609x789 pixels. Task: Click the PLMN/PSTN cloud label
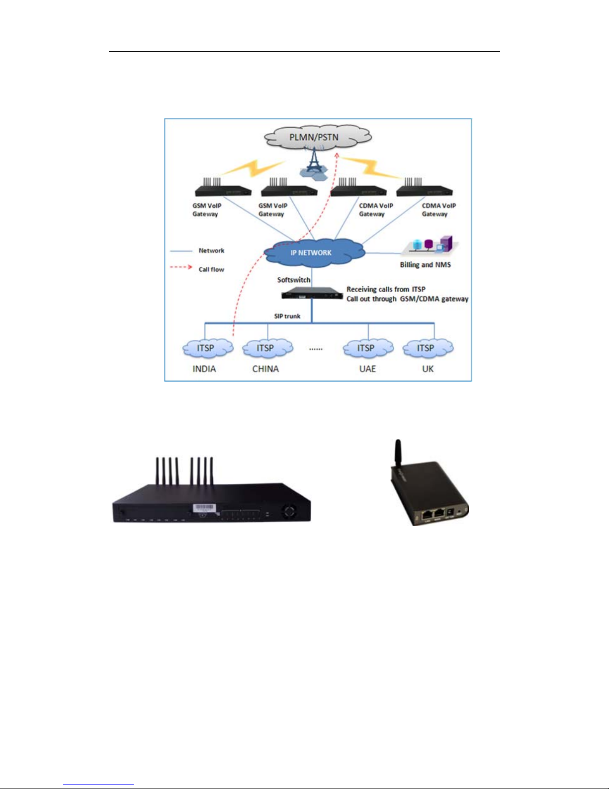(314, 137)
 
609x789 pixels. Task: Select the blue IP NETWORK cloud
(312, 252)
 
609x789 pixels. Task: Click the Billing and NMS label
(425, 265)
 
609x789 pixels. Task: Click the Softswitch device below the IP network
(312, 295)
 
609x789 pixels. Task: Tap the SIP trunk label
(287, 316)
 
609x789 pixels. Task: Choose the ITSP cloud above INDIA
(206, 348)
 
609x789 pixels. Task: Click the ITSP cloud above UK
(426, 348)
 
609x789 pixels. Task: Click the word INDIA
(204, 369)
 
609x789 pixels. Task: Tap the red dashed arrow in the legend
(181, 267)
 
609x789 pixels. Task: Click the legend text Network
(211, 250)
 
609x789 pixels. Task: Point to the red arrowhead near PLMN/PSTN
(337, 156)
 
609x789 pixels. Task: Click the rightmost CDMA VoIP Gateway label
(438, 210)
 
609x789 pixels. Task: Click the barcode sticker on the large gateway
(204, 508)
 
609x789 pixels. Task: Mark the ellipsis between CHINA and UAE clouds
(316, 349)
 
